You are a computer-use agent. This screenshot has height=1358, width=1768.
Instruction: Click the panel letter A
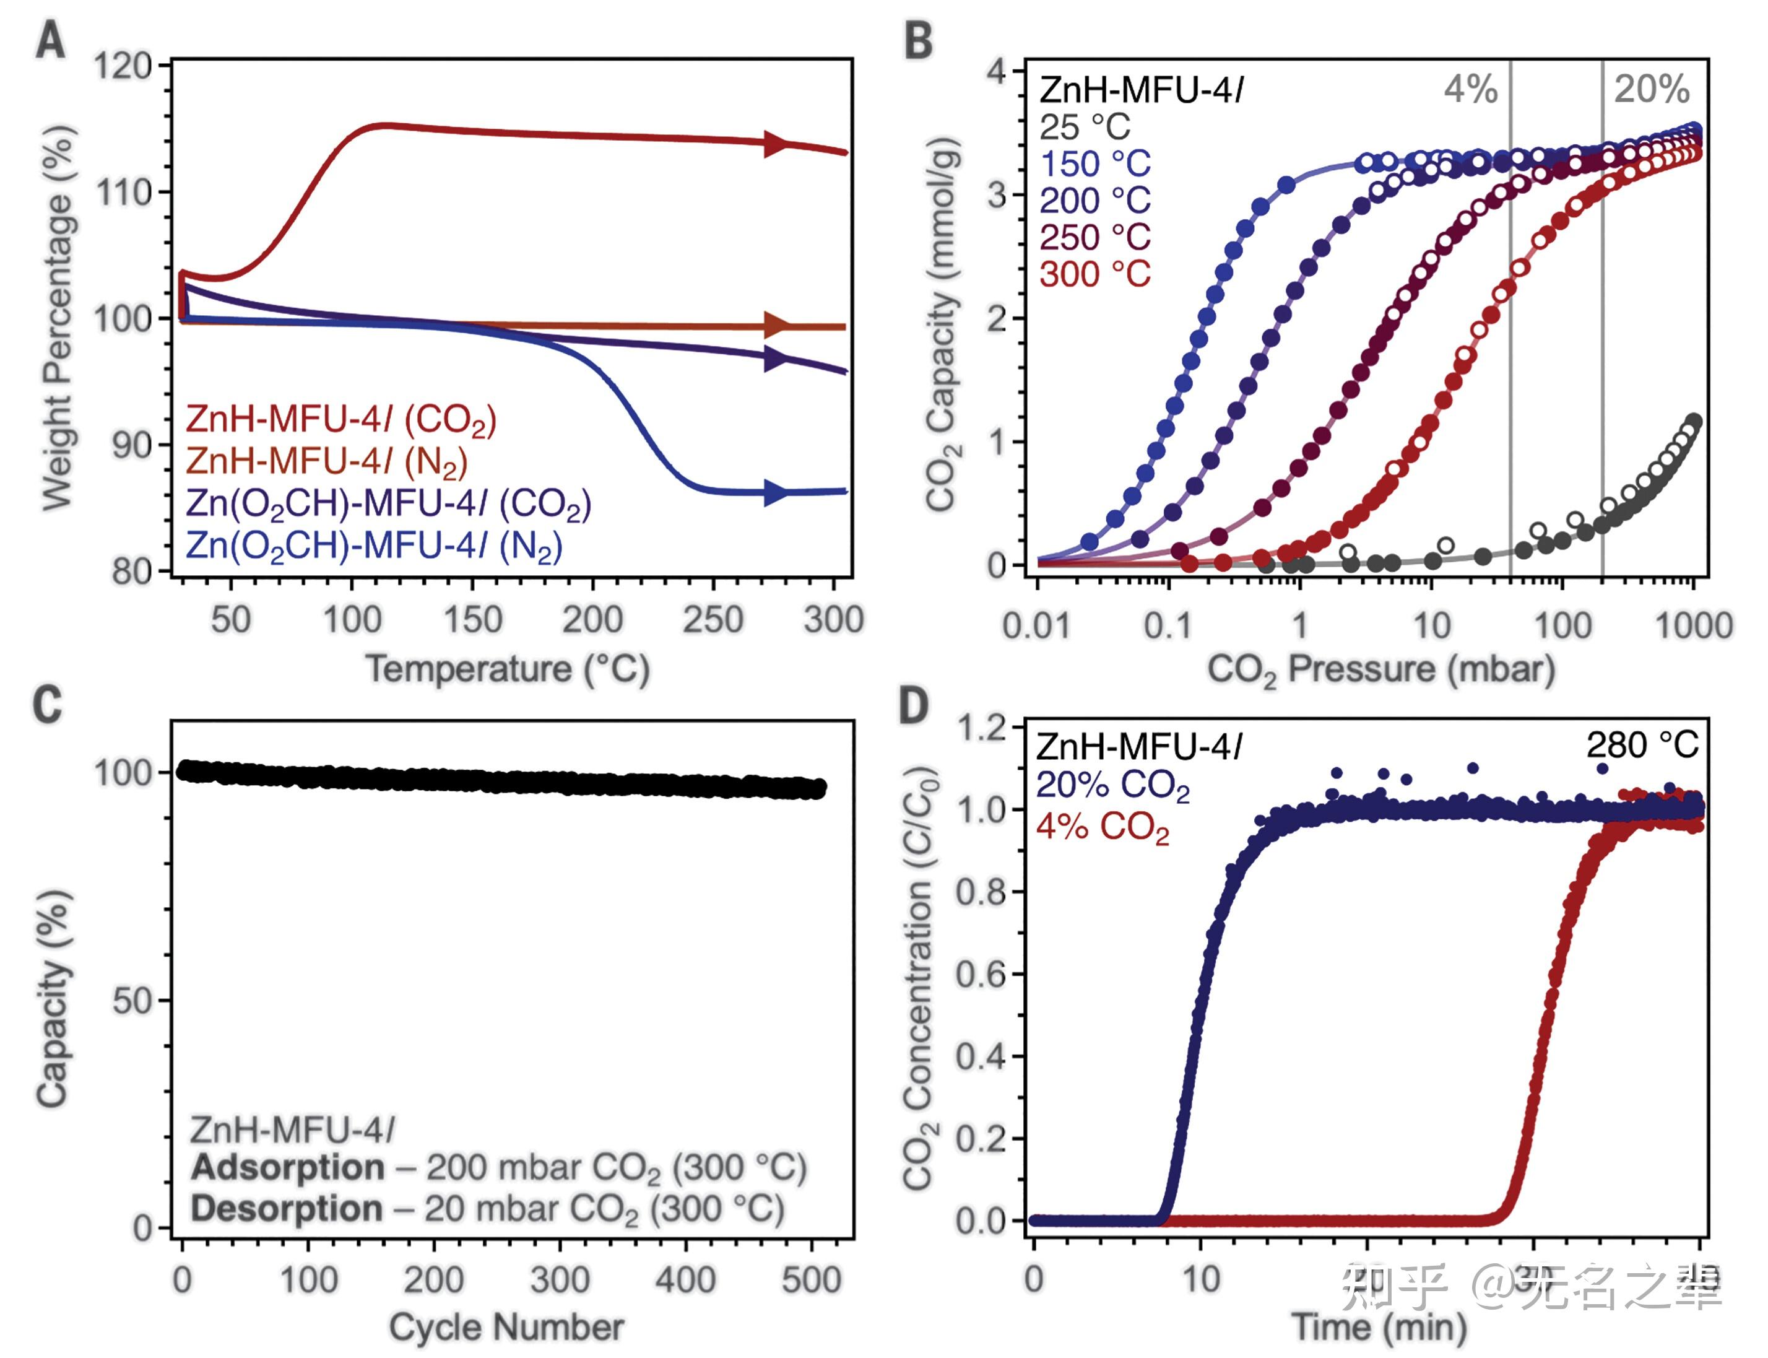click(50, 40)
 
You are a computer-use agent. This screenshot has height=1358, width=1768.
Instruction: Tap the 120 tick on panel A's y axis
click(122, 66)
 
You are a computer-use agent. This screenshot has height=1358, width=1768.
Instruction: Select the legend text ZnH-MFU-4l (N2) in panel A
click(326, 461)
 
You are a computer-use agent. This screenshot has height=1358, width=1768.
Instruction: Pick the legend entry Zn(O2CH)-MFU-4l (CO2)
click(388, 503)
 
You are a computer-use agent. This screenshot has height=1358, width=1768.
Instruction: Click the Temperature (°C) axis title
click(508, 669)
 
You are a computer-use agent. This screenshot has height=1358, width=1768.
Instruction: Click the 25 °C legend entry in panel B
click(1085, 127)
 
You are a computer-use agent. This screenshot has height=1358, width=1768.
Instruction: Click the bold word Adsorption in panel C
click(288, 1167)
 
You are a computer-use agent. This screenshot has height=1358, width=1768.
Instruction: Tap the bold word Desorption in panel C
click(286, 1209)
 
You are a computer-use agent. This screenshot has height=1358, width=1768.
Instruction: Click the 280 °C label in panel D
click(1641, 744)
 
